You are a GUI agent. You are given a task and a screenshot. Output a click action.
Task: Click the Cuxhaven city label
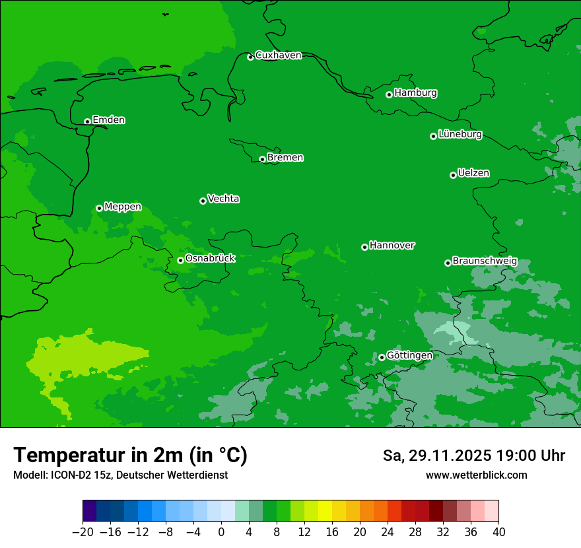[278, 55]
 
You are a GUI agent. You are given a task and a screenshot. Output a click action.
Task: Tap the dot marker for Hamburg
[389, 94]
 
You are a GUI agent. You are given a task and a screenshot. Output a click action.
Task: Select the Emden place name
[108, 120]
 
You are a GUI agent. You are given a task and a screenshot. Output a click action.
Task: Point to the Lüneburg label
[460, 135]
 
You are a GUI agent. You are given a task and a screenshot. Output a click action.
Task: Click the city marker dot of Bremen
[262, 159]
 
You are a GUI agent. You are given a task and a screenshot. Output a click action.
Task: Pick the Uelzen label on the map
[473, 174]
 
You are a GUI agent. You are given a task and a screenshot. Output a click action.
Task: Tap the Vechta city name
[223, 199]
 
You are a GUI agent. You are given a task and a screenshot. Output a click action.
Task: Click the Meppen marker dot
[99, 208]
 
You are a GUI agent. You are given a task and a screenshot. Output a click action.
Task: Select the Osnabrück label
[210, 259]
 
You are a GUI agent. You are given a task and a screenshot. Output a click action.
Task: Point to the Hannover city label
[392, 246]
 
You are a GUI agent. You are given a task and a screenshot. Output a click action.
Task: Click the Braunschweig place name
[484, 261]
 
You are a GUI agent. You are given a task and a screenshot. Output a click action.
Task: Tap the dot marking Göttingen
[382, 357]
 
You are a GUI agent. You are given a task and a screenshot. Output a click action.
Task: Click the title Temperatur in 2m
[130, 455]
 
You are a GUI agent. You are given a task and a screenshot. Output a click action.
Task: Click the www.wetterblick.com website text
[476, 475]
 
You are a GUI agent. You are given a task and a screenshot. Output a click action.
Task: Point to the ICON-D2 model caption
[120, 475]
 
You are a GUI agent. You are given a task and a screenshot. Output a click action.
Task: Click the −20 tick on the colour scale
[83, 532]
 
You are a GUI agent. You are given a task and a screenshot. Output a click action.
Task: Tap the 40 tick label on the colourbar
[498, 532]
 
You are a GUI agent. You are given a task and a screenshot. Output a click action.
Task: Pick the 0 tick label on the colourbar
[221, 532]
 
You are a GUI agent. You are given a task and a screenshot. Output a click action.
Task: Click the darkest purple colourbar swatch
[89, 511]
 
